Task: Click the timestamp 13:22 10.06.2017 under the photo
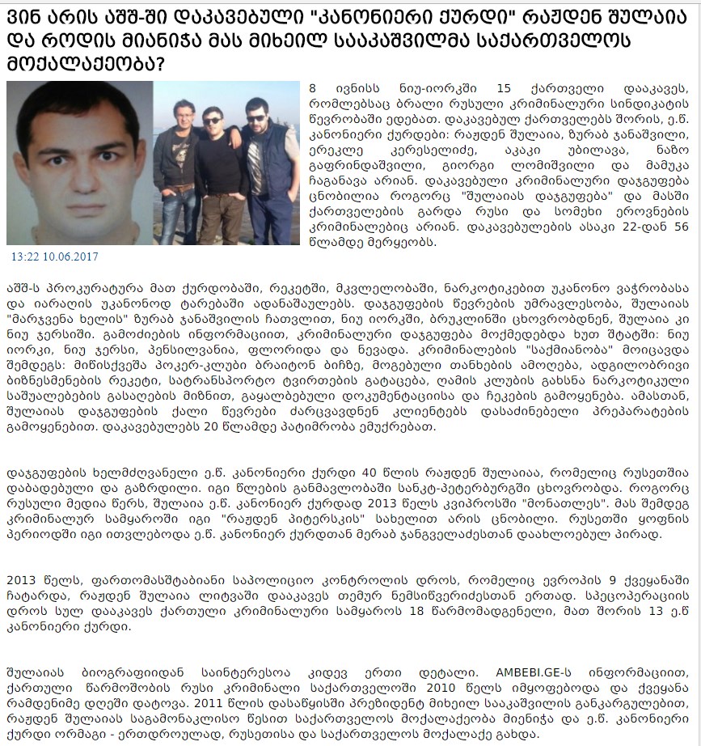click(x=54, y=256)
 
